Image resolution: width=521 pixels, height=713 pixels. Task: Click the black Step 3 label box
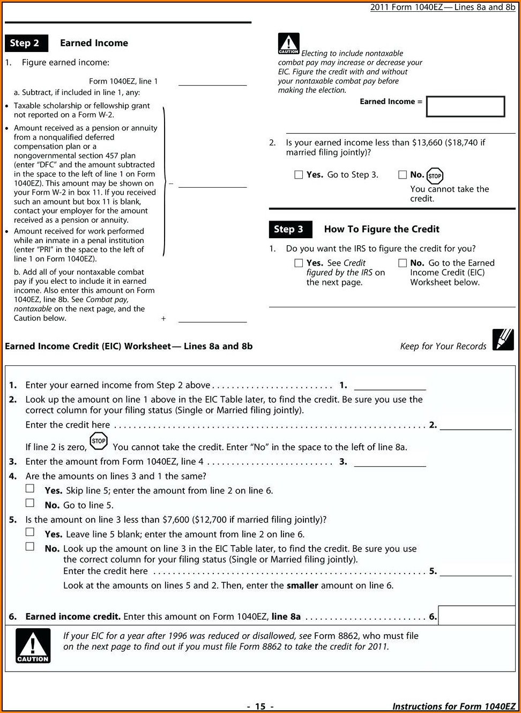289,229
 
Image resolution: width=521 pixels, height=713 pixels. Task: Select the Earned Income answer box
465,106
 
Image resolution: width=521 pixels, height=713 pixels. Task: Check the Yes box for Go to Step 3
299,175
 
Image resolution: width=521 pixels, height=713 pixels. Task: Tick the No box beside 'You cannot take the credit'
403,175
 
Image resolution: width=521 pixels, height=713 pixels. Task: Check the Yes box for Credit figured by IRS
299,263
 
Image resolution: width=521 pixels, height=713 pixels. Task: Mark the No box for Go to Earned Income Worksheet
403,263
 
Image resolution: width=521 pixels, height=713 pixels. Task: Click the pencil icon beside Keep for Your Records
503,340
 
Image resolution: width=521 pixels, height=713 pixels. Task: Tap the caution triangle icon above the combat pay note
288,43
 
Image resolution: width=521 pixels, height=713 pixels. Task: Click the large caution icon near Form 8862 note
33,645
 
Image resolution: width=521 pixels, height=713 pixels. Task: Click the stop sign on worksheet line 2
99,441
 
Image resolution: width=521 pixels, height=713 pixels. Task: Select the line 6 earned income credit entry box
476,616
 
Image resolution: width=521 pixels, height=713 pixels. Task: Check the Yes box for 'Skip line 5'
30,488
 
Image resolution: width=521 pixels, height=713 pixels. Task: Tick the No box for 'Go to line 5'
30,503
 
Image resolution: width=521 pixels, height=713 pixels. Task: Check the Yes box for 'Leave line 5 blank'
30,532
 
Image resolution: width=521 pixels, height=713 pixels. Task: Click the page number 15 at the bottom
260,707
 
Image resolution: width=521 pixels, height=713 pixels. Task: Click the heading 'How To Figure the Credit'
382,229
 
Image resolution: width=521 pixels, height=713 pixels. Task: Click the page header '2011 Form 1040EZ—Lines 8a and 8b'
442,7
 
